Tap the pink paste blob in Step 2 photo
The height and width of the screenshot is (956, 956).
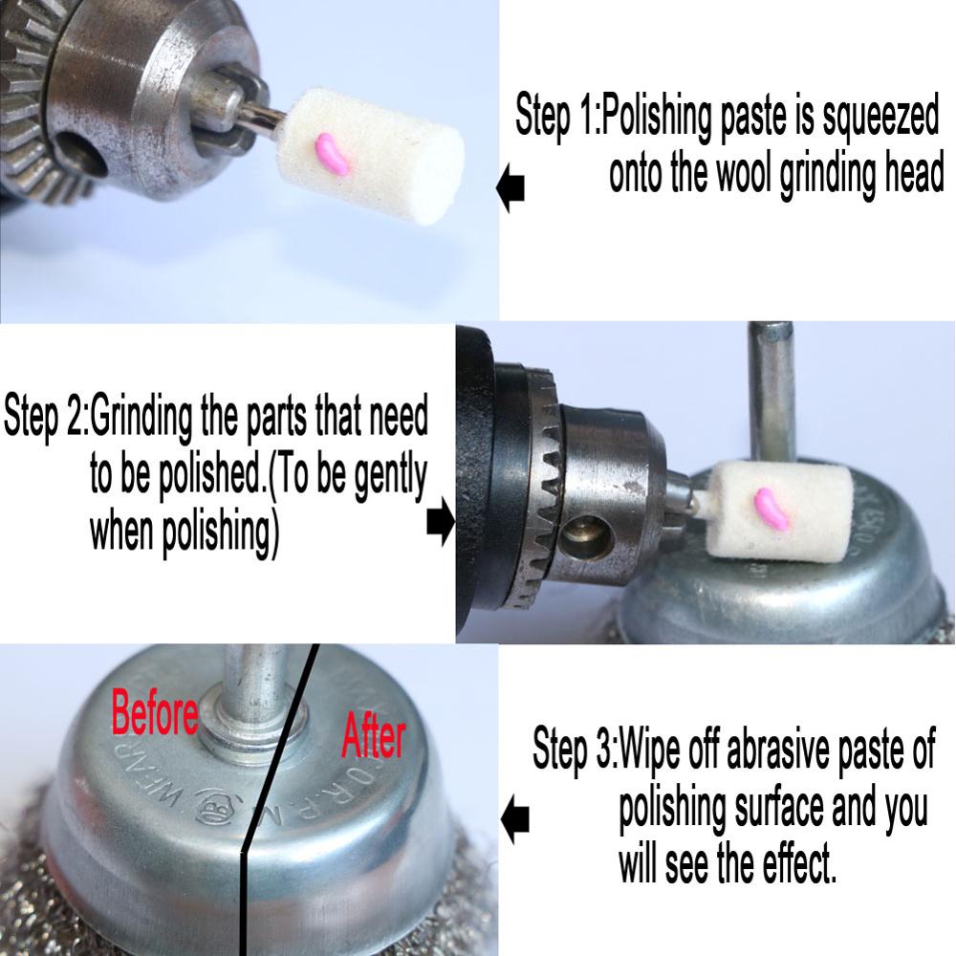click(771, 508)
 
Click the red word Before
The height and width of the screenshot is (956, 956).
click(155, 711)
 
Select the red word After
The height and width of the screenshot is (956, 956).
click(373, 735)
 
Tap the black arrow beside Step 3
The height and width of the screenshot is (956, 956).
click(514, 818)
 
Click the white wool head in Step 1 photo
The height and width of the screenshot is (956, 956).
click(372, 157)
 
